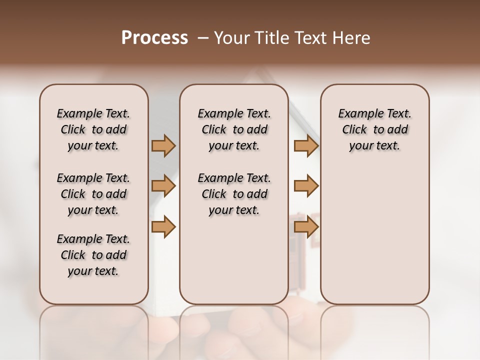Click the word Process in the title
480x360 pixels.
point(154,38)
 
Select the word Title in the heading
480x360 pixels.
point(270,38)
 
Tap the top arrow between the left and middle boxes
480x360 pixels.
point(163,146)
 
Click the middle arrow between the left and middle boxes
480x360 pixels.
point(163,186)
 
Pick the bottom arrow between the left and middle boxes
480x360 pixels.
point(163,226)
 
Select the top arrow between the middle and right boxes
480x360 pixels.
point(306,146)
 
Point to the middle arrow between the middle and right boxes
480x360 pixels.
point(306,186)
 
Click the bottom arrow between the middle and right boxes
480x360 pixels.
point(306,226)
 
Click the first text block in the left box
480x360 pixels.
point(93,129)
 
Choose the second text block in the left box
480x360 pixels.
point(93,194)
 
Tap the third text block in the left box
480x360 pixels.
point(93,255)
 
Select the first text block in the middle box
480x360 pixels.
point(234,129)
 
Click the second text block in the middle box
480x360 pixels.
point(234,194)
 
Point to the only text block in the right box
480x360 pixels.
point(375,129)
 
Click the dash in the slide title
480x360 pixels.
point(203,38)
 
